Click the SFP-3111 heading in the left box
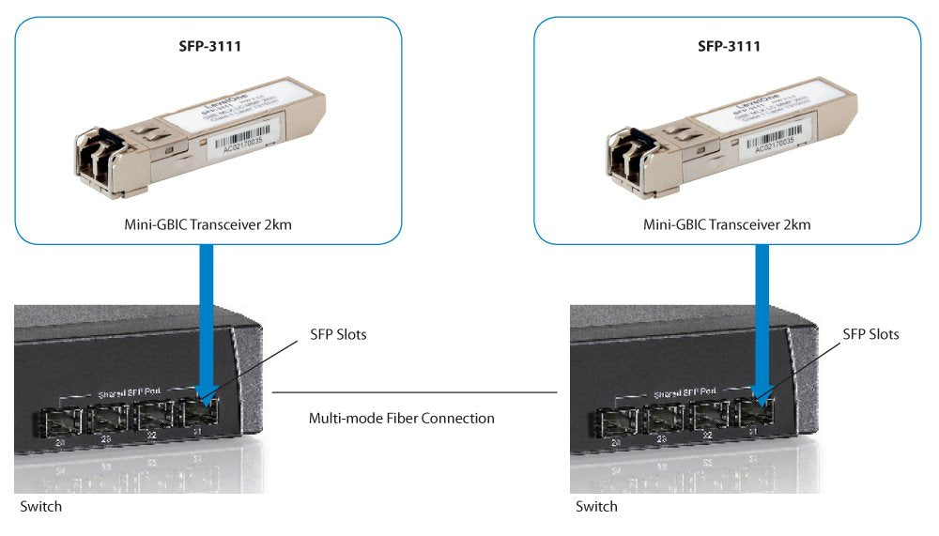point(208,45)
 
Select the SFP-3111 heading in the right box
point(727,45)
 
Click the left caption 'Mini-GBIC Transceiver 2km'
point(208,224)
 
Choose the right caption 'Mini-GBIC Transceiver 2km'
point(727,224)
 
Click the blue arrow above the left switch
point(204,310)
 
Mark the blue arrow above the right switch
point(762,310)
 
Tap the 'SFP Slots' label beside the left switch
point(338,334)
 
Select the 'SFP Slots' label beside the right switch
point(870,334)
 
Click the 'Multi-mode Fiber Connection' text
point(402,418)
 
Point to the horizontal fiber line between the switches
point(413,392)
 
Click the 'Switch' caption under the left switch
point(41,506)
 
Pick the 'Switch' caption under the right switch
point(597,506)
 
